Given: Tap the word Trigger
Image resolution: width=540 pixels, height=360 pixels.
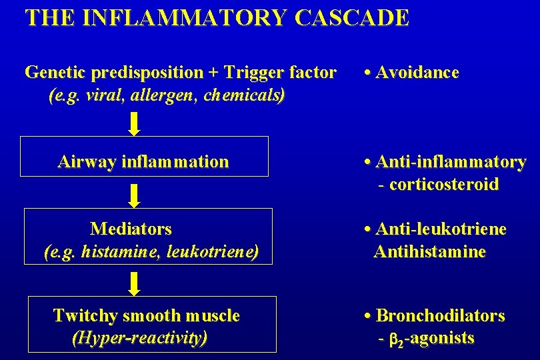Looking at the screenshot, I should [x=253, y=73].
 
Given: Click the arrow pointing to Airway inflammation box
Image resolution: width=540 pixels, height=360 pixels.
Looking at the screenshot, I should [x=134, y=123].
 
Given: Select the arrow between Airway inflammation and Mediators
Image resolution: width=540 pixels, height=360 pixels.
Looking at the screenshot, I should [x=134, y=195].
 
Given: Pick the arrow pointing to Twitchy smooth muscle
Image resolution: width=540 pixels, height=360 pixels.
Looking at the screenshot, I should [x=134, y=283].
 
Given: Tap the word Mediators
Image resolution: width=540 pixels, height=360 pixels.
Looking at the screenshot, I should [x=131, y=229].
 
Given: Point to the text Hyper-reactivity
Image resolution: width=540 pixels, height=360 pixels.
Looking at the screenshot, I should [x=139, y=338].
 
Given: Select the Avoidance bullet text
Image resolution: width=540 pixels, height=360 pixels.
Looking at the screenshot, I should [x=417, y=73].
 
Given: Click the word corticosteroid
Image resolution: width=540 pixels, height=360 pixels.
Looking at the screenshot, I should [x=443, y=185].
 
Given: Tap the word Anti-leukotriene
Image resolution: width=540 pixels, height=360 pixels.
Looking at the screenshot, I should [x=441, y=229].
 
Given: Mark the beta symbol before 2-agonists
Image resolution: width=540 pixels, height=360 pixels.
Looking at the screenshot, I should [x=394, y=339].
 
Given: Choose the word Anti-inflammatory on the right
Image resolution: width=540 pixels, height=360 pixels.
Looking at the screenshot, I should [x=451, y=162].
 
